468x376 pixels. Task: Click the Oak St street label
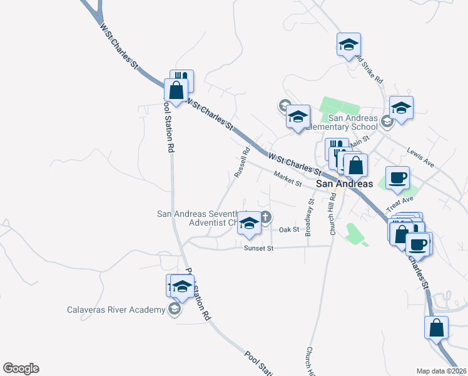click(289, 230)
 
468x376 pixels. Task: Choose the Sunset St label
click(259, 248)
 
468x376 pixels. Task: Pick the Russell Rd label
click(242, 161)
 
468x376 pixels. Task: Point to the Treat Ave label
click(400, 203)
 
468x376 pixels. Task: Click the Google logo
click(21, 368)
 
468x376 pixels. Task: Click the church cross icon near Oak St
click(265, 217)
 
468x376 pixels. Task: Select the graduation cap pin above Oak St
click(250, 224)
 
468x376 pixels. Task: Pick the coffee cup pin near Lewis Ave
click(397, 178)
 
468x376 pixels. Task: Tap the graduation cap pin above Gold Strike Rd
click(349, 44)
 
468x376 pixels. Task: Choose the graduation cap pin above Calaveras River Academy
click(182, 286)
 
